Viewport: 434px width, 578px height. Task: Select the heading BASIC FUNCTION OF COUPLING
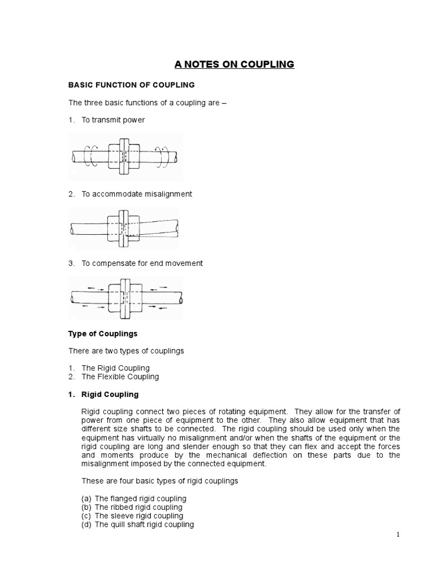131,85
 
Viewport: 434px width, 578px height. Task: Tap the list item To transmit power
113,120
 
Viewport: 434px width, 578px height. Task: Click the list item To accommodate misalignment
137,194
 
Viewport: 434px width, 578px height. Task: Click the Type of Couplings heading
103,334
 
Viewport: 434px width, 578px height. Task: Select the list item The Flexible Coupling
120,376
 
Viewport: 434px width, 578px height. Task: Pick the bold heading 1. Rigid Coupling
103,394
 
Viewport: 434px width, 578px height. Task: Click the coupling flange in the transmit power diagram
125,155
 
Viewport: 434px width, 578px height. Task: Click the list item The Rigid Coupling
115,368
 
